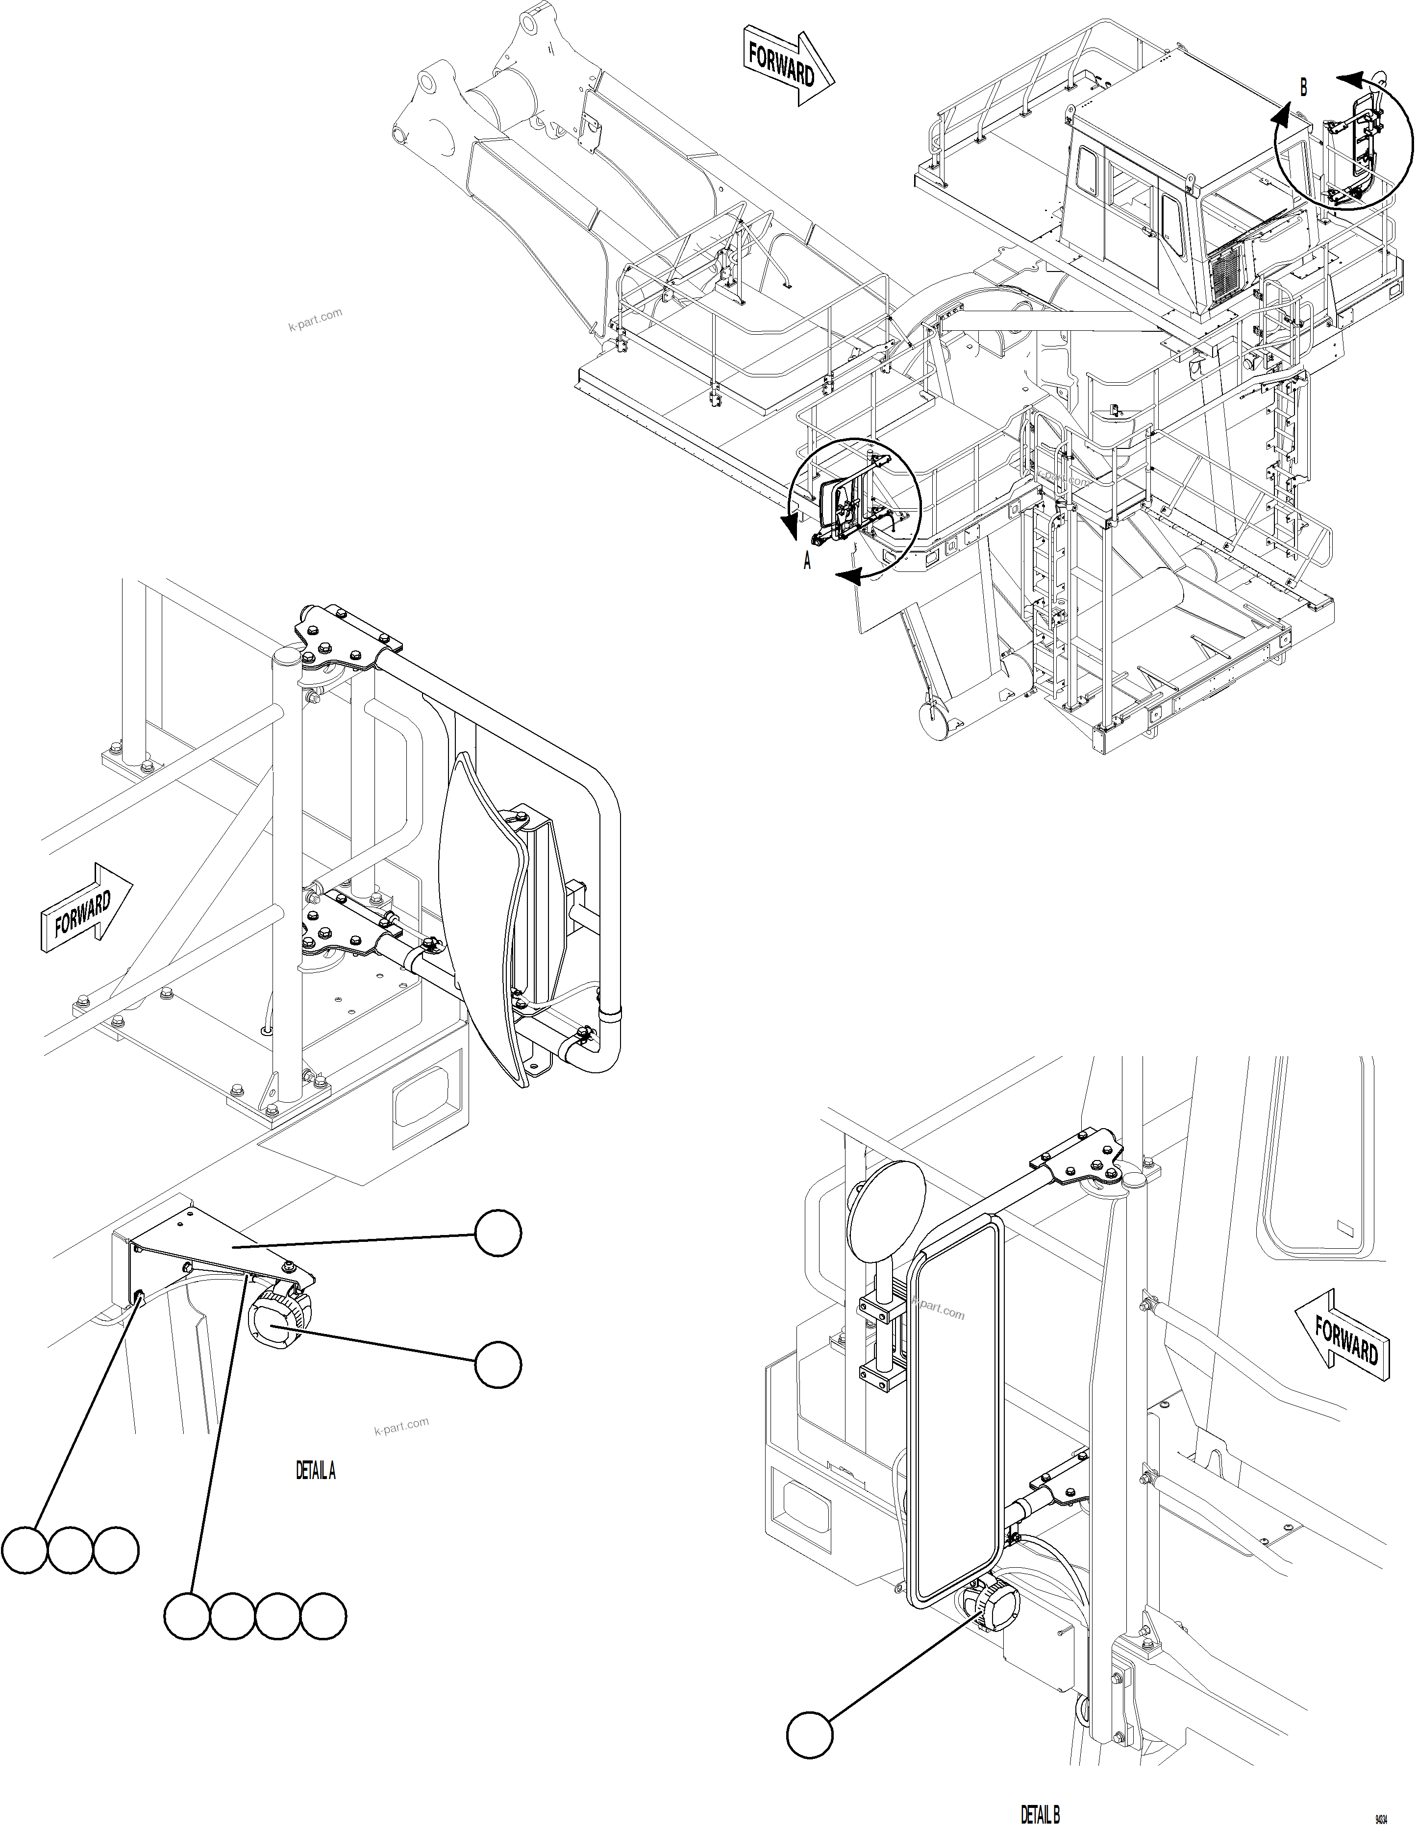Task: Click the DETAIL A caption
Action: click(316, 1471)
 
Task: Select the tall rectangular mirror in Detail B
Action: click(956, 1414)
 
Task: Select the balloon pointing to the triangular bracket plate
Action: click(498, 1235)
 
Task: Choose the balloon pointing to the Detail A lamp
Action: click(498, 1364)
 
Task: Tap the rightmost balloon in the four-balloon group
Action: click(323, 1616)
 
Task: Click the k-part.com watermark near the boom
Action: click(316, 319)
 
